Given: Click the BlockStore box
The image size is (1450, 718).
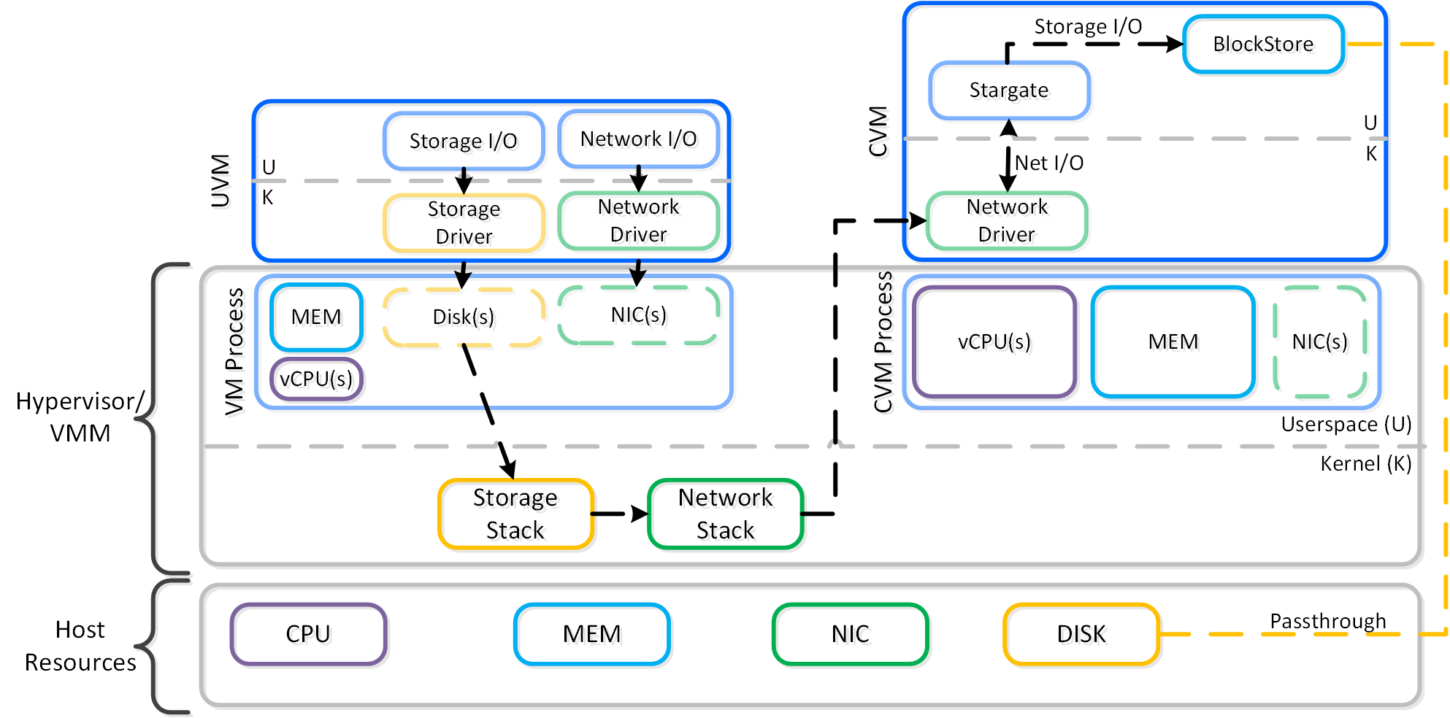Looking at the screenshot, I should point(1263,45).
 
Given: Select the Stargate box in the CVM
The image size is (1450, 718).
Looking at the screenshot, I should point(1009,90).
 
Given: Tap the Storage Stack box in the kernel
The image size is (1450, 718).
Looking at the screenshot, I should point(515,514).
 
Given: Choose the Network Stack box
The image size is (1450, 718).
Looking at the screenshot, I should point(725,514).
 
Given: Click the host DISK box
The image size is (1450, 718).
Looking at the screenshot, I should point(1081,634).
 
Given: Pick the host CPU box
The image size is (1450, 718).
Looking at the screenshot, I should point(308,634).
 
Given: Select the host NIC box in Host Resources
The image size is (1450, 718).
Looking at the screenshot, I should point(850,634).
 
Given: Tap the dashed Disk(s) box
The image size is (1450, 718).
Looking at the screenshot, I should point(464,317).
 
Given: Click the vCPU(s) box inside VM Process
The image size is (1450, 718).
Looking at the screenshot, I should point(316,379).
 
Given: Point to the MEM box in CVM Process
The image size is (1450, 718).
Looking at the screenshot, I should point(1173,342).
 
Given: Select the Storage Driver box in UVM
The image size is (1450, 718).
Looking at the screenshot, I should point(464,223).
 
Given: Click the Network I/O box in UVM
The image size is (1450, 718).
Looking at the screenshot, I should point(638,139).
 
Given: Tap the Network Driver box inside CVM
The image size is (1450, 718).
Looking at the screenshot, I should point(1007,220).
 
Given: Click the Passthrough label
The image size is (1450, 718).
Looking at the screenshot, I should point(1327,621).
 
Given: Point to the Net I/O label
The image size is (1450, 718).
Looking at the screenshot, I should point(1049,163).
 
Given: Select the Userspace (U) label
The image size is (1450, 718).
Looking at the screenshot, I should point(1346,425).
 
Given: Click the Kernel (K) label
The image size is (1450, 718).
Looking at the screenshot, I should point(1365,464).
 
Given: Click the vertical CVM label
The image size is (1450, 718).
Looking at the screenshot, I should point(878,131).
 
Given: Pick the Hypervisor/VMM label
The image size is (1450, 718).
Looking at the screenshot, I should point(80,417).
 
